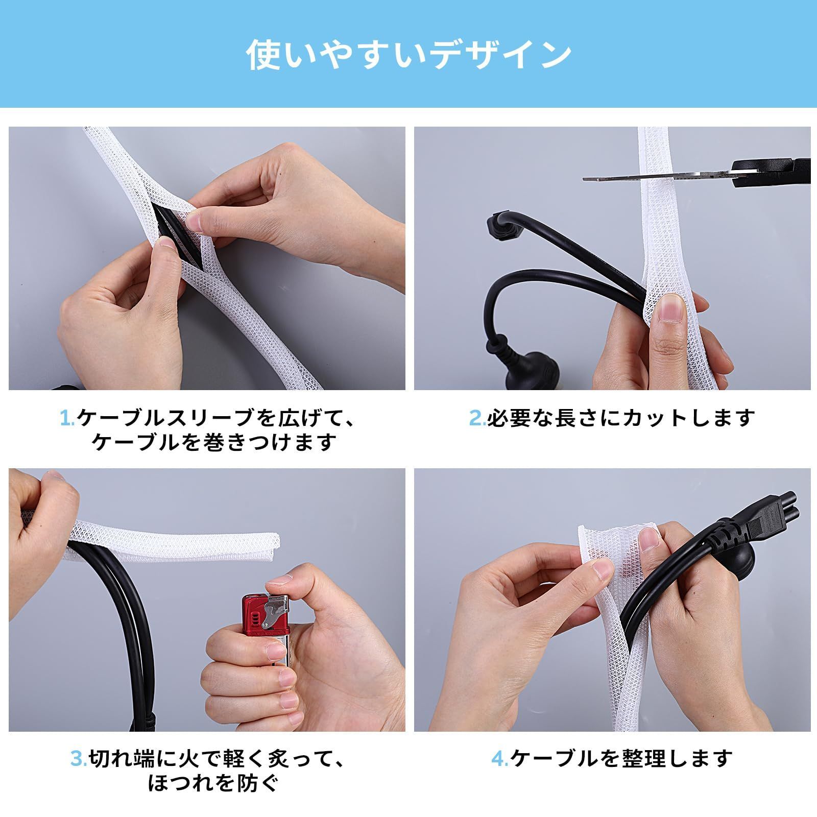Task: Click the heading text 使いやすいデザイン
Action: click(x=408, y=55)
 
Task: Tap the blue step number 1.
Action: click(x=67, y=419)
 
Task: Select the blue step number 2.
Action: click(x=477, y=419)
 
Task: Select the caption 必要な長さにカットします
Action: click(x=620, y=419)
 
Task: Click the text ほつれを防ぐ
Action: click(x=213, y=783)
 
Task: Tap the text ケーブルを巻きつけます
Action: click(x=214, y=442)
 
